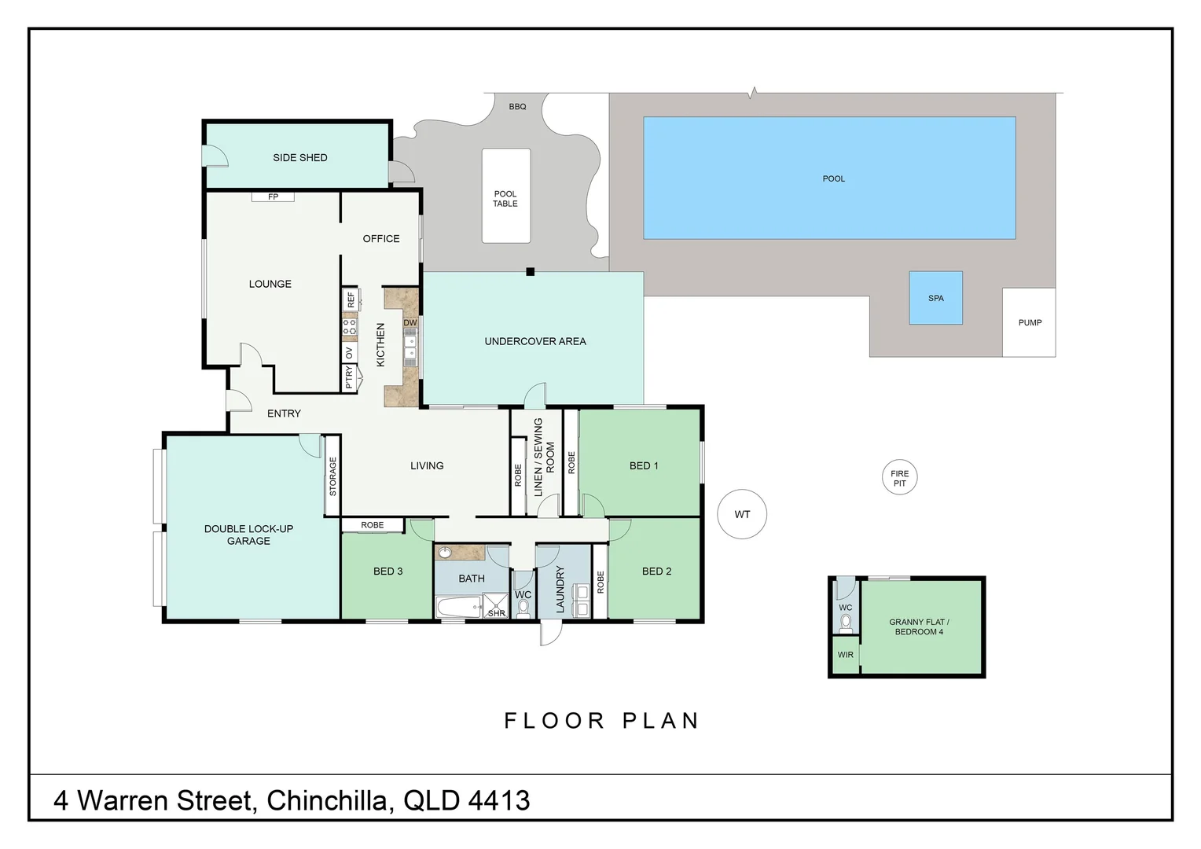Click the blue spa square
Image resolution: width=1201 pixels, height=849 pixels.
[x=935, y=298]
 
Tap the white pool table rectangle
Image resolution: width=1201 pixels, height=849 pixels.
[x=505, y=197]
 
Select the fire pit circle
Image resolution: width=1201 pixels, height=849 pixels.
[x=899, y=478]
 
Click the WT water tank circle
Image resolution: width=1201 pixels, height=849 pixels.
[x=742, y=514]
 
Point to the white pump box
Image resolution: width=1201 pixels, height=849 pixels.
[x=1029, y=322]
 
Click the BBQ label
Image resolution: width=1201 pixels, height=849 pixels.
[x=517, y=106]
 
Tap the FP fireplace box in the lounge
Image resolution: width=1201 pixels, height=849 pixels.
[x=273, y=197]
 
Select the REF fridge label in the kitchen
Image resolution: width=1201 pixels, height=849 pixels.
[x=351, y=300]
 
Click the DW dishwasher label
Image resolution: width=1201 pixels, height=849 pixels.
[x=410, y=322]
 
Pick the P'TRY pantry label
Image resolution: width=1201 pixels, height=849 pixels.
[x=349, y=378]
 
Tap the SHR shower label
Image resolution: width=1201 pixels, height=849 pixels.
[x=497, y=612]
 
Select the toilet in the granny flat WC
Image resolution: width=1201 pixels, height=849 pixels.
[x=846, y=623]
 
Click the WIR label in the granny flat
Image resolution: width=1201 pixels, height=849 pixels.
[x=845, y=655]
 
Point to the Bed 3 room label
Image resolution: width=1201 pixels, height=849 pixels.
[x=387, y=572]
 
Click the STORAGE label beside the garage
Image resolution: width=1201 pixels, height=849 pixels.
[x=332, y=476]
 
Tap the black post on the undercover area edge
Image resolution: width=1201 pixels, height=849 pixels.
[x=531, y=272]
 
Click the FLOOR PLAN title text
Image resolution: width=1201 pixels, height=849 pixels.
[x=601, y=720]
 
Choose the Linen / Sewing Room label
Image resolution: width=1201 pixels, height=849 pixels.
[x=544, y=457]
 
